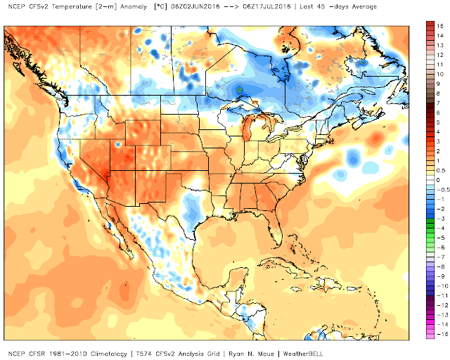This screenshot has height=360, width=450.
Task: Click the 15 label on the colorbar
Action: tap(439, 25)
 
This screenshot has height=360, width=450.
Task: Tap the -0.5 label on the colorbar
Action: tap(440, 190)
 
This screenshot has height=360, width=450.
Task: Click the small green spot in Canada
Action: tap(239, 89)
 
